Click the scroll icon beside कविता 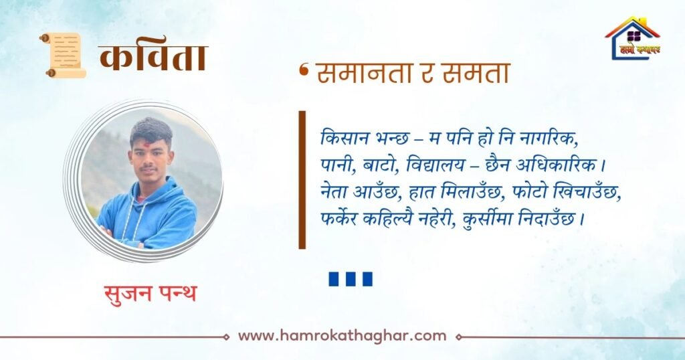coord(63,55)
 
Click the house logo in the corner coord(633,37)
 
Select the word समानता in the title coord(365,72)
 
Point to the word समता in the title coord(476,72)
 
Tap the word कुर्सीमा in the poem coord(487,218)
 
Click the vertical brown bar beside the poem coord(302,179)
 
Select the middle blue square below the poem coord(351,279)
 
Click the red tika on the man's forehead coord(146,144)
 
